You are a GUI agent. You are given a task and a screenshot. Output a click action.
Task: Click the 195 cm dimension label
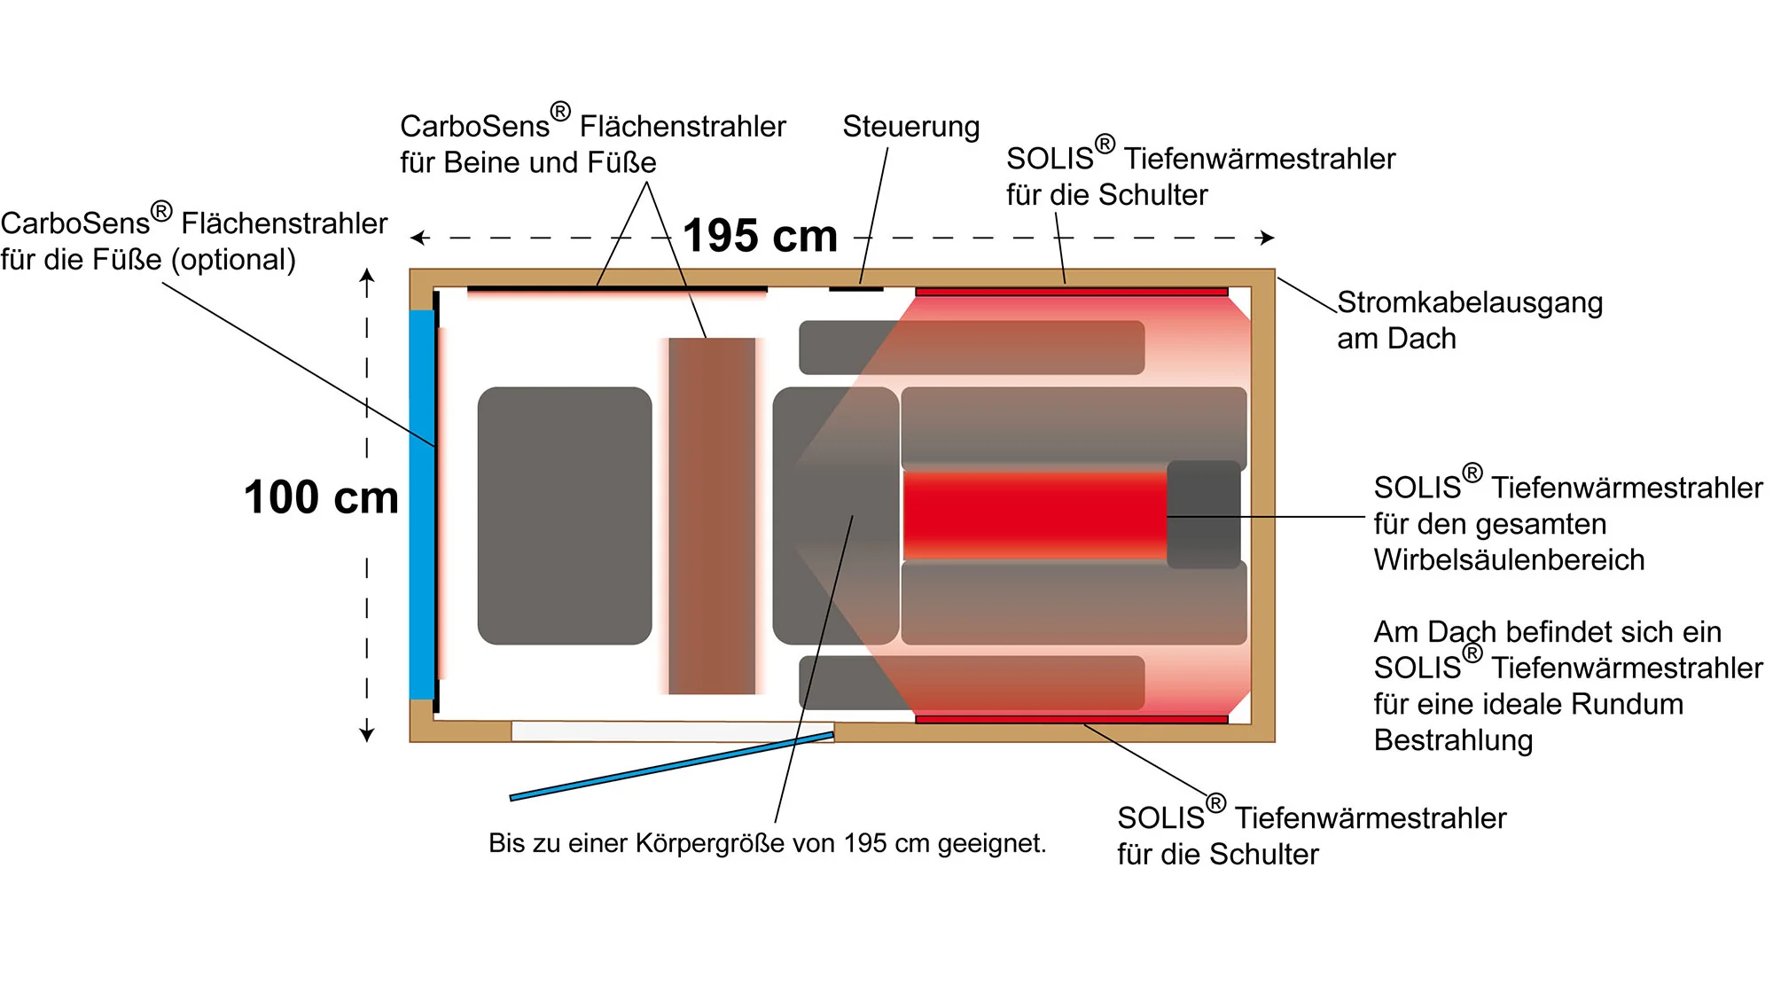click(x=760, y=236)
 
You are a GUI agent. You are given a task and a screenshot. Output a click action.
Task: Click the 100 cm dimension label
click(x=321, y=497)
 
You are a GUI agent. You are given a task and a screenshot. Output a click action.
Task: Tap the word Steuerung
click(x=910, y=127)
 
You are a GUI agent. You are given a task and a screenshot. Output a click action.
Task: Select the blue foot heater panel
click(x=421, y=504)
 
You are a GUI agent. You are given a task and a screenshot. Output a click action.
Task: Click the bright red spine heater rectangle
click(x=1034, y=515)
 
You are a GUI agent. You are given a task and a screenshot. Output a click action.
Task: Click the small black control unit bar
click(x=855, y=288)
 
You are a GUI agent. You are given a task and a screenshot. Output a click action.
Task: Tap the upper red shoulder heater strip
click(x=1071, y=291)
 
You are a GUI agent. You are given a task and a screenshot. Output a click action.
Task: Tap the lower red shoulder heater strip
click(x=1071, y=719)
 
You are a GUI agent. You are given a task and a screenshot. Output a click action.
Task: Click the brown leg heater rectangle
click(x=712, y=515)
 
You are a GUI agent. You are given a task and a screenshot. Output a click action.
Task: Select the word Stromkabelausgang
click(x=1470, y=303)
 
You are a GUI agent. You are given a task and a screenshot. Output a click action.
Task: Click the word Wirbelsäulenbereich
click(x=1509, y=560)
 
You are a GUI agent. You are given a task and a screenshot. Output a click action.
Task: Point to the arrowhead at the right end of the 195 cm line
click(x=1269, y=238)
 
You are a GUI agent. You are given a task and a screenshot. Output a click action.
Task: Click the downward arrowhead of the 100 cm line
click(x=367, y=734)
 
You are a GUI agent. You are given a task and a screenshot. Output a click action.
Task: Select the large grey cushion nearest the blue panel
click(x=565, y=515)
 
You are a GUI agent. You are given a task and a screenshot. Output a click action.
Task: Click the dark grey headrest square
click(x=1203, y=515)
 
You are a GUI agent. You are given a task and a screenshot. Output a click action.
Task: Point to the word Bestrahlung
click(x=1453, y=740)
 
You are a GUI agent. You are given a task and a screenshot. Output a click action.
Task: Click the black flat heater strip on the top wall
click(x=617, y=288)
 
